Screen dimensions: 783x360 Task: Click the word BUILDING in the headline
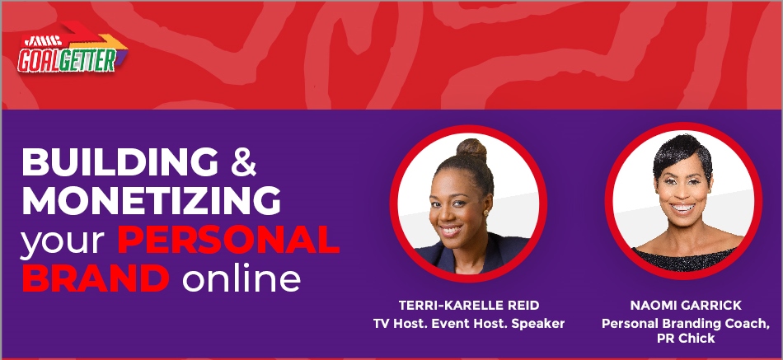tap(120, 161)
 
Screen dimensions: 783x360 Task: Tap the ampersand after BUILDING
tap(244, 161)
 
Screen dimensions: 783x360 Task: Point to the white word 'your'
tap(62, 242)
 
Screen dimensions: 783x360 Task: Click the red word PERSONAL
tap(228, 240)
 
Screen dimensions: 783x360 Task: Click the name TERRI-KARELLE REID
tap(469, 305)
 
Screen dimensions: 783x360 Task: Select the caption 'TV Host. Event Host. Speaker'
tap(469, 324)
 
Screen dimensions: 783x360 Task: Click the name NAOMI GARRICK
tap(686, 305)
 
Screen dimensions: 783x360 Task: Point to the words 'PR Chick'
tap(686, 338)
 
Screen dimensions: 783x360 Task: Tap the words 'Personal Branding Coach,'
tap(686, 324)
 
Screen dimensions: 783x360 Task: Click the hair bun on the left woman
tap(471, 149)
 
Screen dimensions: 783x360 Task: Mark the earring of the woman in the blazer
tap(485, 213)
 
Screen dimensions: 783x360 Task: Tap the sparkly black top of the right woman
tap(683, 259)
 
